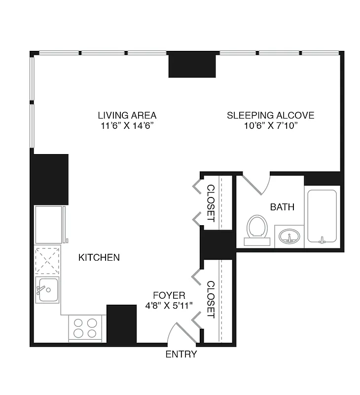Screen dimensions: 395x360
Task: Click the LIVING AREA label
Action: tap(127, 115)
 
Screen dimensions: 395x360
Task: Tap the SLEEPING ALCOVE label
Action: tap(270, 115)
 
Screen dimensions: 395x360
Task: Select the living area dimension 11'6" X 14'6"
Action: tap(127, 126)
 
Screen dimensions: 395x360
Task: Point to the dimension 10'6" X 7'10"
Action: tap(270, 126)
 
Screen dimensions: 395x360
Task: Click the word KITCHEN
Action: tap(99, 257)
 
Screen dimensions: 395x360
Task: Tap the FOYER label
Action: tap(169, 295)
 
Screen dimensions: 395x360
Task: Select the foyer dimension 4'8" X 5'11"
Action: tap(169, 306)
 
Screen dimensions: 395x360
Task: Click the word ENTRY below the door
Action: tap(181, 354)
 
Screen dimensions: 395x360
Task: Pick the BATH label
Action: tap(282, 207)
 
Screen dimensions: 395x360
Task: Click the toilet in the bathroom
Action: tap(257, 229)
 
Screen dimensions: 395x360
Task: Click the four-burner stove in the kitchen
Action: tap(85, 328)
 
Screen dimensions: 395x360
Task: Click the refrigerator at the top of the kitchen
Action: tap(49, 225)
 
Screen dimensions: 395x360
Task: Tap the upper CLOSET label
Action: tap(211, 202)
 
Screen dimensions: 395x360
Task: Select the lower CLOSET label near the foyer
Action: tap(211, 299)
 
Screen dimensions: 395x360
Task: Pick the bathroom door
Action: tap(256, 185)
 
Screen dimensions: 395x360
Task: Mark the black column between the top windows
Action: tap(192, 65)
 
